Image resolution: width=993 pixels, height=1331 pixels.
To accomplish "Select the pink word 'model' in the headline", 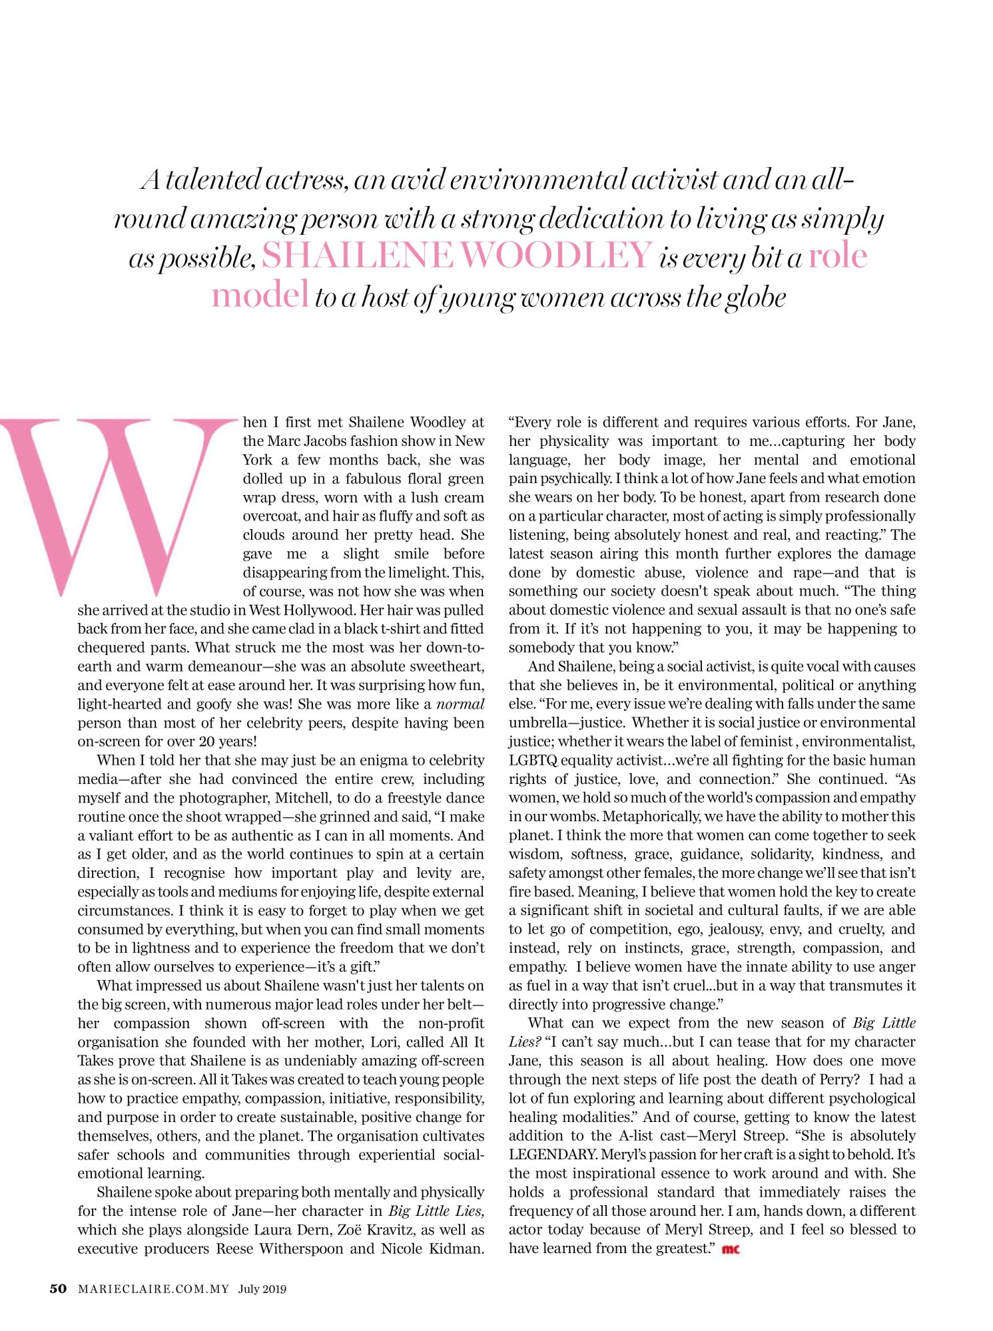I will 260,295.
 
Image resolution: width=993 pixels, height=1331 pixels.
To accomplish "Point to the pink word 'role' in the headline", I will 837,256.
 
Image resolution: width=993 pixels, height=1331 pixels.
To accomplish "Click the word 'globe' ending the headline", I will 755,297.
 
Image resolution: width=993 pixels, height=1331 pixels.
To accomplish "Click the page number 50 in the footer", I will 59,1288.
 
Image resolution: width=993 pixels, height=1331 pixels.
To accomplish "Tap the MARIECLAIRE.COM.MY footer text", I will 153,1289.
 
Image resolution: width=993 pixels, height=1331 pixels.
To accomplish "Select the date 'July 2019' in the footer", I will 262,1289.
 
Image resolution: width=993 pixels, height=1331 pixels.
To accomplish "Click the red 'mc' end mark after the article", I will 731,1249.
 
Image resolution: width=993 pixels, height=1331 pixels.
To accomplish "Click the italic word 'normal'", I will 460,704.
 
